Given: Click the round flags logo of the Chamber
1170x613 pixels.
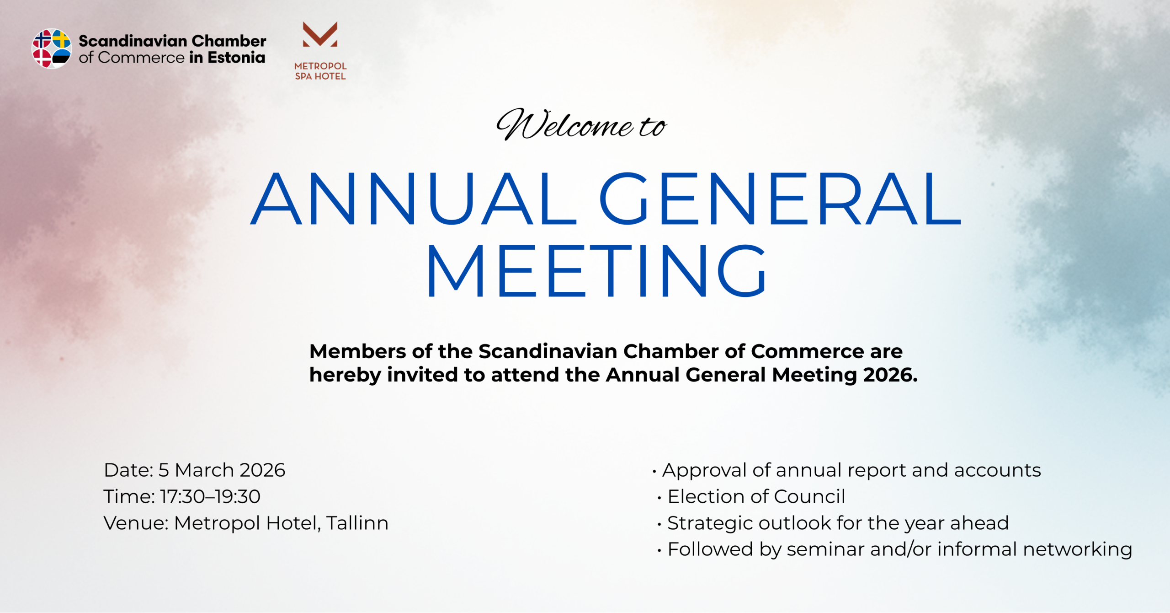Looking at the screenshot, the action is pyautogui.click(x=51, y=49).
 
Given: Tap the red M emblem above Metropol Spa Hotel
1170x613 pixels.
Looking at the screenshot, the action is pyautogui.click(x=320, y=34).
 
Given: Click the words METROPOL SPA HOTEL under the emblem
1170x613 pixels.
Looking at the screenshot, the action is pyautogui.click(x=320, y=71).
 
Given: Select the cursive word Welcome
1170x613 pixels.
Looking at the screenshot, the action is pyautogui.click(x=565, y=124).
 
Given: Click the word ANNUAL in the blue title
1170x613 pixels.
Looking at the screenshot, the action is pyautogui.click(x=414, y=199).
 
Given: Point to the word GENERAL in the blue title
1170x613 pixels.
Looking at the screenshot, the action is pyautogui.click(x=780, y=199).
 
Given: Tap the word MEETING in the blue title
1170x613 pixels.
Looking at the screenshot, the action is pyautogui.click(x=596, y=271).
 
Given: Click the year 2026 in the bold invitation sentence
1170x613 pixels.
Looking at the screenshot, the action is pyautogui.click(x=890, y=375).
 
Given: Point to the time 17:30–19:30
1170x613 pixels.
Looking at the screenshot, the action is pyautogui.click(x=210, y=496).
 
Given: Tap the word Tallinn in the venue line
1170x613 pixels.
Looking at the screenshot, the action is pyautogui.click(x=357, y=523).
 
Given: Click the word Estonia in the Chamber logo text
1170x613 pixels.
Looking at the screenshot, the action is pyautogui.click(x=236, y=58).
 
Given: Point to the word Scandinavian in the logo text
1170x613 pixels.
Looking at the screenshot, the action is pyautogui.click(x=133, y=41).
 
